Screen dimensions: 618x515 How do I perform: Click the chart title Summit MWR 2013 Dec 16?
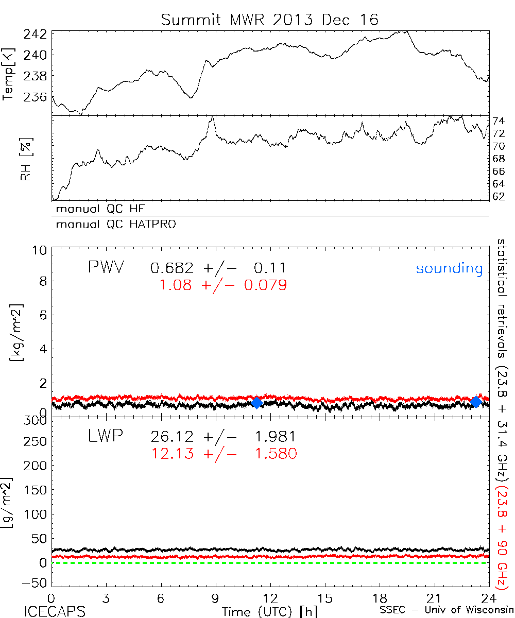pyautogui.click(x=269, y=20)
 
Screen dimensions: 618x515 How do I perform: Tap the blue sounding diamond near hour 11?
pyautogui.click(x=256, y=403)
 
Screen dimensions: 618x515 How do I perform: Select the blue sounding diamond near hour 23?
pyautogui.click(x=476, y=402)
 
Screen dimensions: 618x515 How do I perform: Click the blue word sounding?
pyautogui.click(x=449, y=268)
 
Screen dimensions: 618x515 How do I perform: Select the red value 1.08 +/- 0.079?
pyautogui.click(x=223, y=285)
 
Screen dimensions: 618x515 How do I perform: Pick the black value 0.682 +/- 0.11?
pyautogui.click(x=218, y=268)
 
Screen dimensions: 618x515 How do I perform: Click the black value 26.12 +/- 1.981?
pyautogui.click(x=223, y=437)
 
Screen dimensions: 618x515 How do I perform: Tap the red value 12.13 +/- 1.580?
pyautogui.click(x=224, y=454)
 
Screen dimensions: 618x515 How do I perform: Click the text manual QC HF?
pyautogui.click(x=104, y=209)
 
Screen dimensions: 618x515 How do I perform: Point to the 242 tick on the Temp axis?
pyautogui.click(x=36, y=35)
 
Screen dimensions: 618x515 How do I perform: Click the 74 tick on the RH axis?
pyautogui.click(x=499, y=122)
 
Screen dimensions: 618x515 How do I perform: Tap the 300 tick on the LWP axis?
pyautogui.click(x=36, y=421)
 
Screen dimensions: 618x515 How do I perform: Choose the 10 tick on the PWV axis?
pyautogui.click(x=41, y=250)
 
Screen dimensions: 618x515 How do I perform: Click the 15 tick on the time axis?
pyautogui.click(x=324, y=598)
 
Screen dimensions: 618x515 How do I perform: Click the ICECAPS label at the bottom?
pyautogui.click(x=55, y=611)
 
